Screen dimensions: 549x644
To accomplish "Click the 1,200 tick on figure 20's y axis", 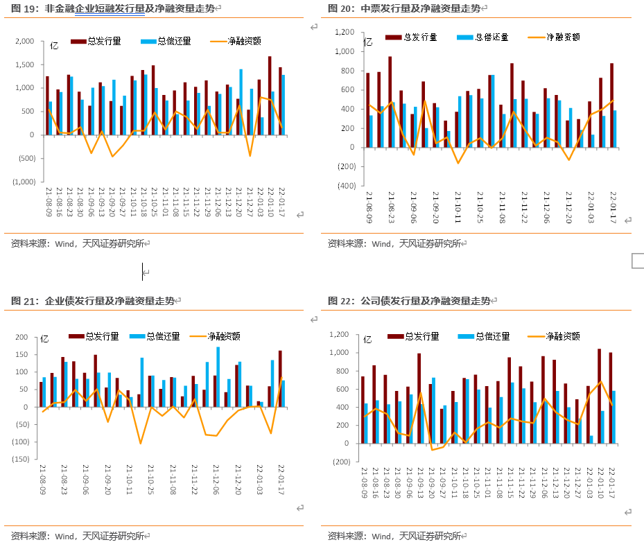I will (x=344, y=33).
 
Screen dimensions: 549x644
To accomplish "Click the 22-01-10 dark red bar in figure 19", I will (x=270, y=95).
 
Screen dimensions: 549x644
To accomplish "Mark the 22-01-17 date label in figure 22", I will (x=611, y=484).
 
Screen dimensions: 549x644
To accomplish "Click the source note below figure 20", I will (x=396, y=243).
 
